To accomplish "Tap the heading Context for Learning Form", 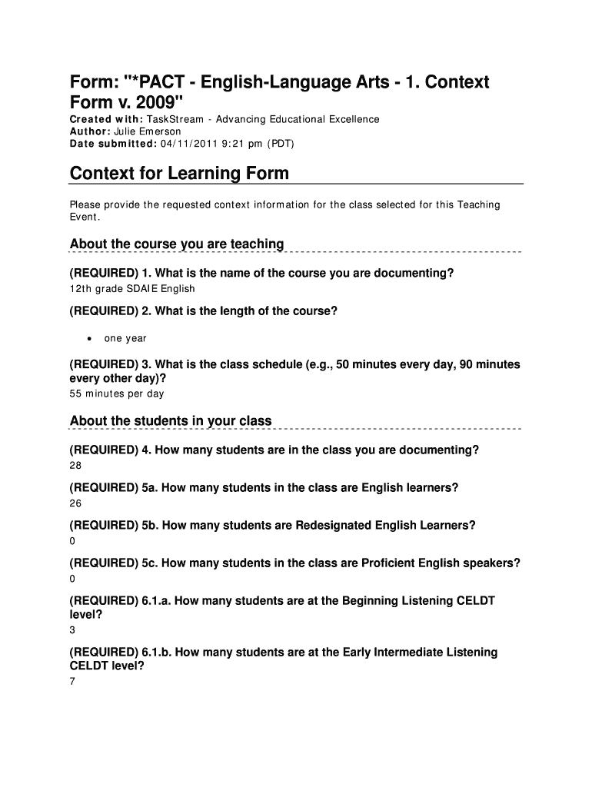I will [179, 173].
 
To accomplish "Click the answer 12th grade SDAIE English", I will [132, 289].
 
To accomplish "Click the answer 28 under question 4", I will [75, 466].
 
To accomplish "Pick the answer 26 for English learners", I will [75, 503].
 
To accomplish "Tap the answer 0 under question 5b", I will [72, 541].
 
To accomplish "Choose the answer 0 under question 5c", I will [72, 579].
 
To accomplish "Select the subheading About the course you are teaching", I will [177, 244].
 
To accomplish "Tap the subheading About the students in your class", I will [171, 421].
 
